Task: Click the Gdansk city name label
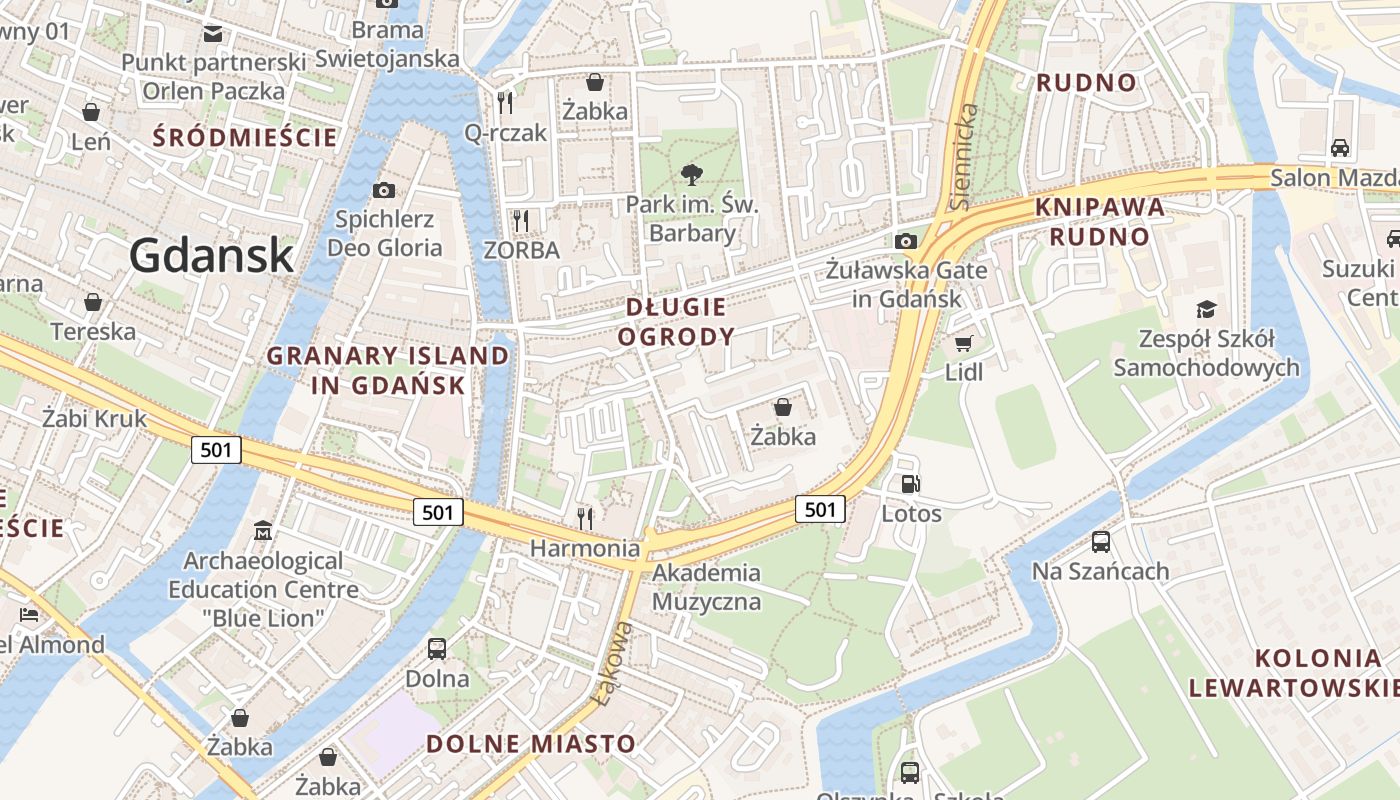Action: tap(211, 256)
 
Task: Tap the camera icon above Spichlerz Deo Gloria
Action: tap(383, 190)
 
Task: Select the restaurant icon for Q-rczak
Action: tap(505, 102)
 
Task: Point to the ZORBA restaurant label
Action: tap(521, 250)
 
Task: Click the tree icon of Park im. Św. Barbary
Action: tap(691, 176)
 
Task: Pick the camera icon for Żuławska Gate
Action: tap(906, 241)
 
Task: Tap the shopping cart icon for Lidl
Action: tap(964, 344)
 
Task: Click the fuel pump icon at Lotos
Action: tap(911, 484)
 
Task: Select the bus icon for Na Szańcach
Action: tap(1101, 542)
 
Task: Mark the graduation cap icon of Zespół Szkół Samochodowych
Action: tap(1207, 309)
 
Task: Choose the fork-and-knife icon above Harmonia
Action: tap(585, 518)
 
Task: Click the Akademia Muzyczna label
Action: tap(706, 587)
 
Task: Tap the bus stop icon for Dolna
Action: tap(437, 648)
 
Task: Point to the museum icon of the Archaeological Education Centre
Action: tap(263, 530)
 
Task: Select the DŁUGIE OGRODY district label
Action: tap(676, 322)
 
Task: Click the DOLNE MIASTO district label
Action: tap(531, 744)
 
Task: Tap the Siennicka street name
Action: tap(965, 155)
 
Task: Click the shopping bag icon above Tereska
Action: tap(93, 302)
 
